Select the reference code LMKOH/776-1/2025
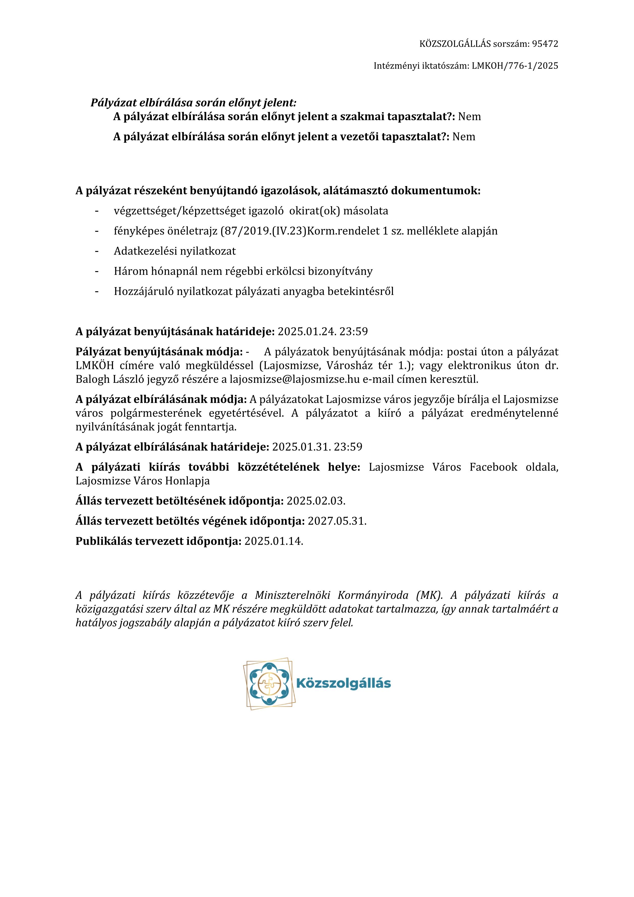tap(515, 66)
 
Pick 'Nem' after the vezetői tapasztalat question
tap(464, 137)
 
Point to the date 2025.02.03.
tap(316, 501)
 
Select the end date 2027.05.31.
tap(337, 521)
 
